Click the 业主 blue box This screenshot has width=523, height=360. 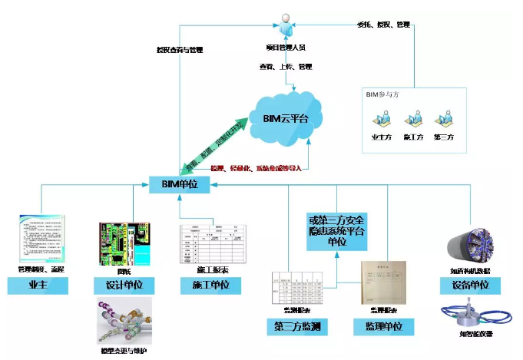coord(38,286)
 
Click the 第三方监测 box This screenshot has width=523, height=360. coord(298,326)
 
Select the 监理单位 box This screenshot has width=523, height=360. coord(384,326)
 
